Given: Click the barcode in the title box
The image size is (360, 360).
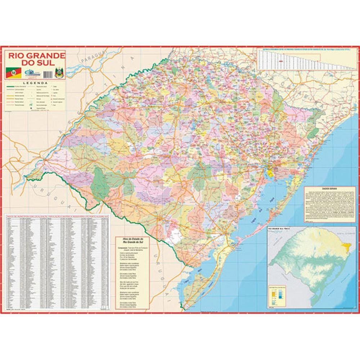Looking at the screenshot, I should point(47,73).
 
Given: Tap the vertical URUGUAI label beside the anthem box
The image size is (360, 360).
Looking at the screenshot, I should point(163,274).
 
